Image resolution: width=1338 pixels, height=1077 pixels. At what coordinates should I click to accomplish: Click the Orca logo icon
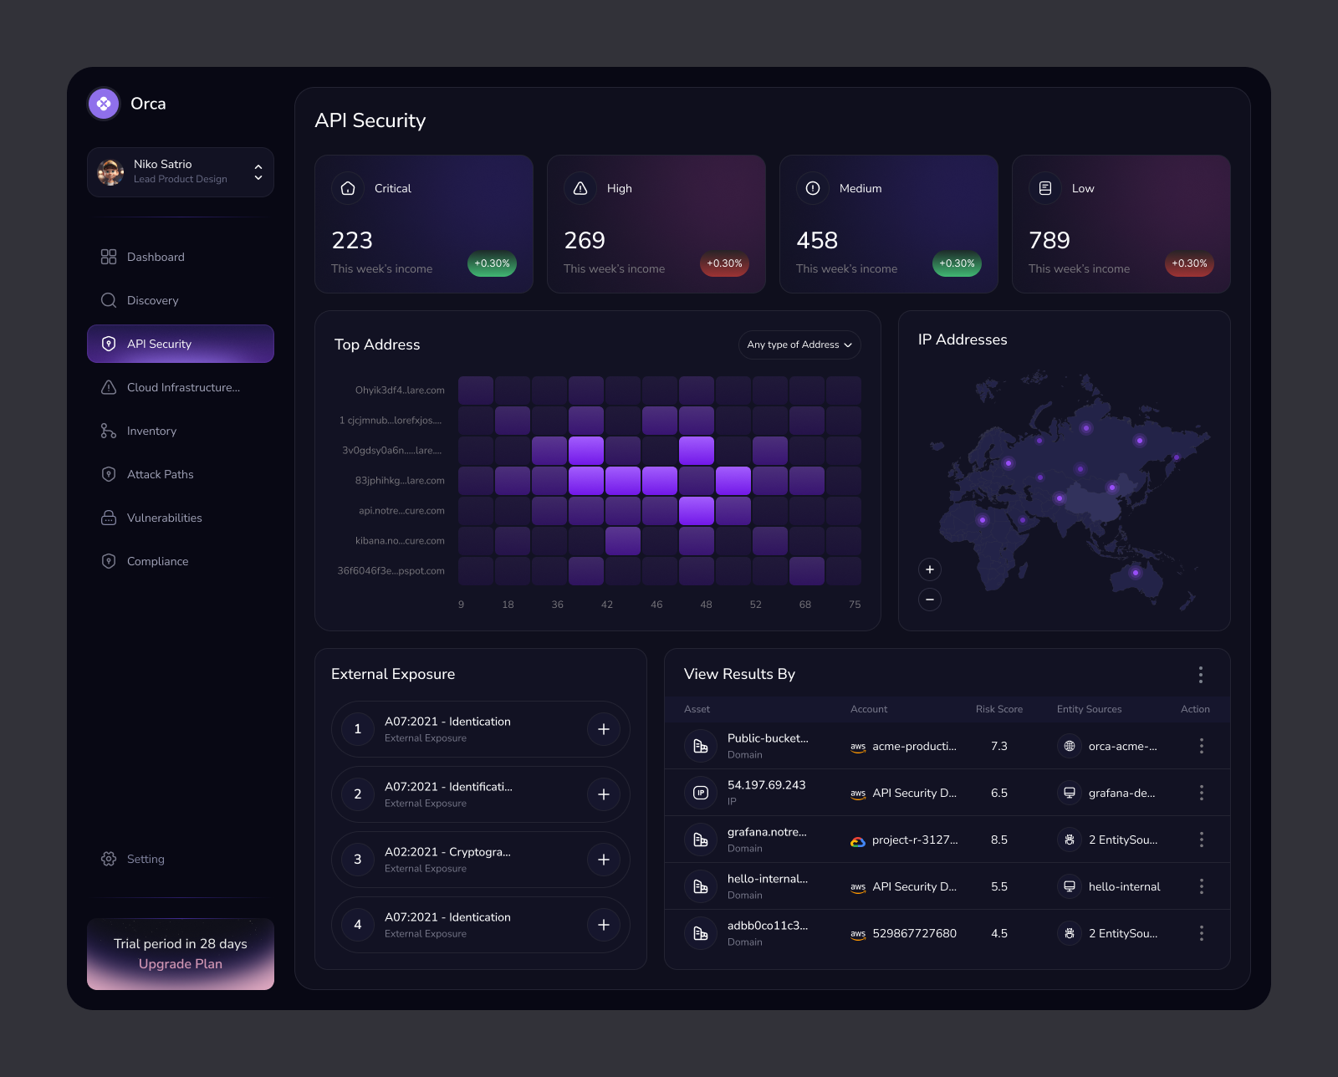pyautogui.click(x=104, y=104)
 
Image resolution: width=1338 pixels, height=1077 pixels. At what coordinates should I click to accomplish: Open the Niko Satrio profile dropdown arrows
pyautogui.click(x=258, y=172)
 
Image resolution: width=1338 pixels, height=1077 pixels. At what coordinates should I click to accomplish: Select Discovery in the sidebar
pyautogui.click(x=152, y=300)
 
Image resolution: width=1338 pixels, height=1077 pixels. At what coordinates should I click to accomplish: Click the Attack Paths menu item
pyautogui.click(x=160, y=474)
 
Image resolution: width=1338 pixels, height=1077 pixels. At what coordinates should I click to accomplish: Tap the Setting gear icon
pyautogui.click(x=109, y=859)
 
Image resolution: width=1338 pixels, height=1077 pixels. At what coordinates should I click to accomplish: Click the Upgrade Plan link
pyautogui.click(x=181, y=964)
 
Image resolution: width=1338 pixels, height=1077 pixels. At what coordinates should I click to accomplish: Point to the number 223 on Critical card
pyautogui.click(x=352, y=241)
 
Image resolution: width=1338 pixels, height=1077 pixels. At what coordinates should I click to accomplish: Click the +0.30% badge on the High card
pyautogui.click(x=724, y=263)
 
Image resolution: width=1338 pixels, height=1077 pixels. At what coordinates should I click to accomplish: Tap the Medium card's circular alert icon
pyautogui.click(x=813, y=188)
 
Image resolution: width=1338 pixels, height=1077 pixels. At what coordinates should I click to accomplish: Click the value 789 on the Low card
pyautogui.click(x=1049, y=241)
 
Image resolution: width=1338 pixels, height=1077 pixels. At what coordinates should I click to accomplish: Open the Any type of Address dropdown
pyautogui.click(x=799, y=345)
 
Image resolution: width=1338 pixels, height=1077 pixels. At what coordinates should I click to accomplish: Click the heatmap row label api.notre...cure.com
pyautogui.click(x=401, y=511)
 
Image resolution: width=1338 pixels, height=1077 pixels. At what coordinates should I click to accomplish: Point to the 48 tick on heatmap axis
pyautogui.click(x=706, y=605)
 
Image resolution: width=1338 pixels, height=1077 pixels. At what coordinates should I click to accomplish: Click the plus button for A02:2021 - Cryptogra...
pyautogui.click(x=604, y=860)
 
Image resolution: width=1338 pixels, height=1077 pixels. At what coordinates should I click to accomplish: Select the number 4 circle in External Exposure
pyautogui.click(x=358, y=925)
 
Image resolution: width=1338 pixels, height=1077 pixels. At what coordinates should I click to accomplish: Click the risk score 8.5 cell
pyautogui.click(x=999, y=840)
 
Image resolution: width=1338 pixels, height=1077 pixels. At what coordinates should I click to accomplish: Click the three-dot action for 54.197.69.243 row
pyautogui.click(x=1201, y=793)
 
